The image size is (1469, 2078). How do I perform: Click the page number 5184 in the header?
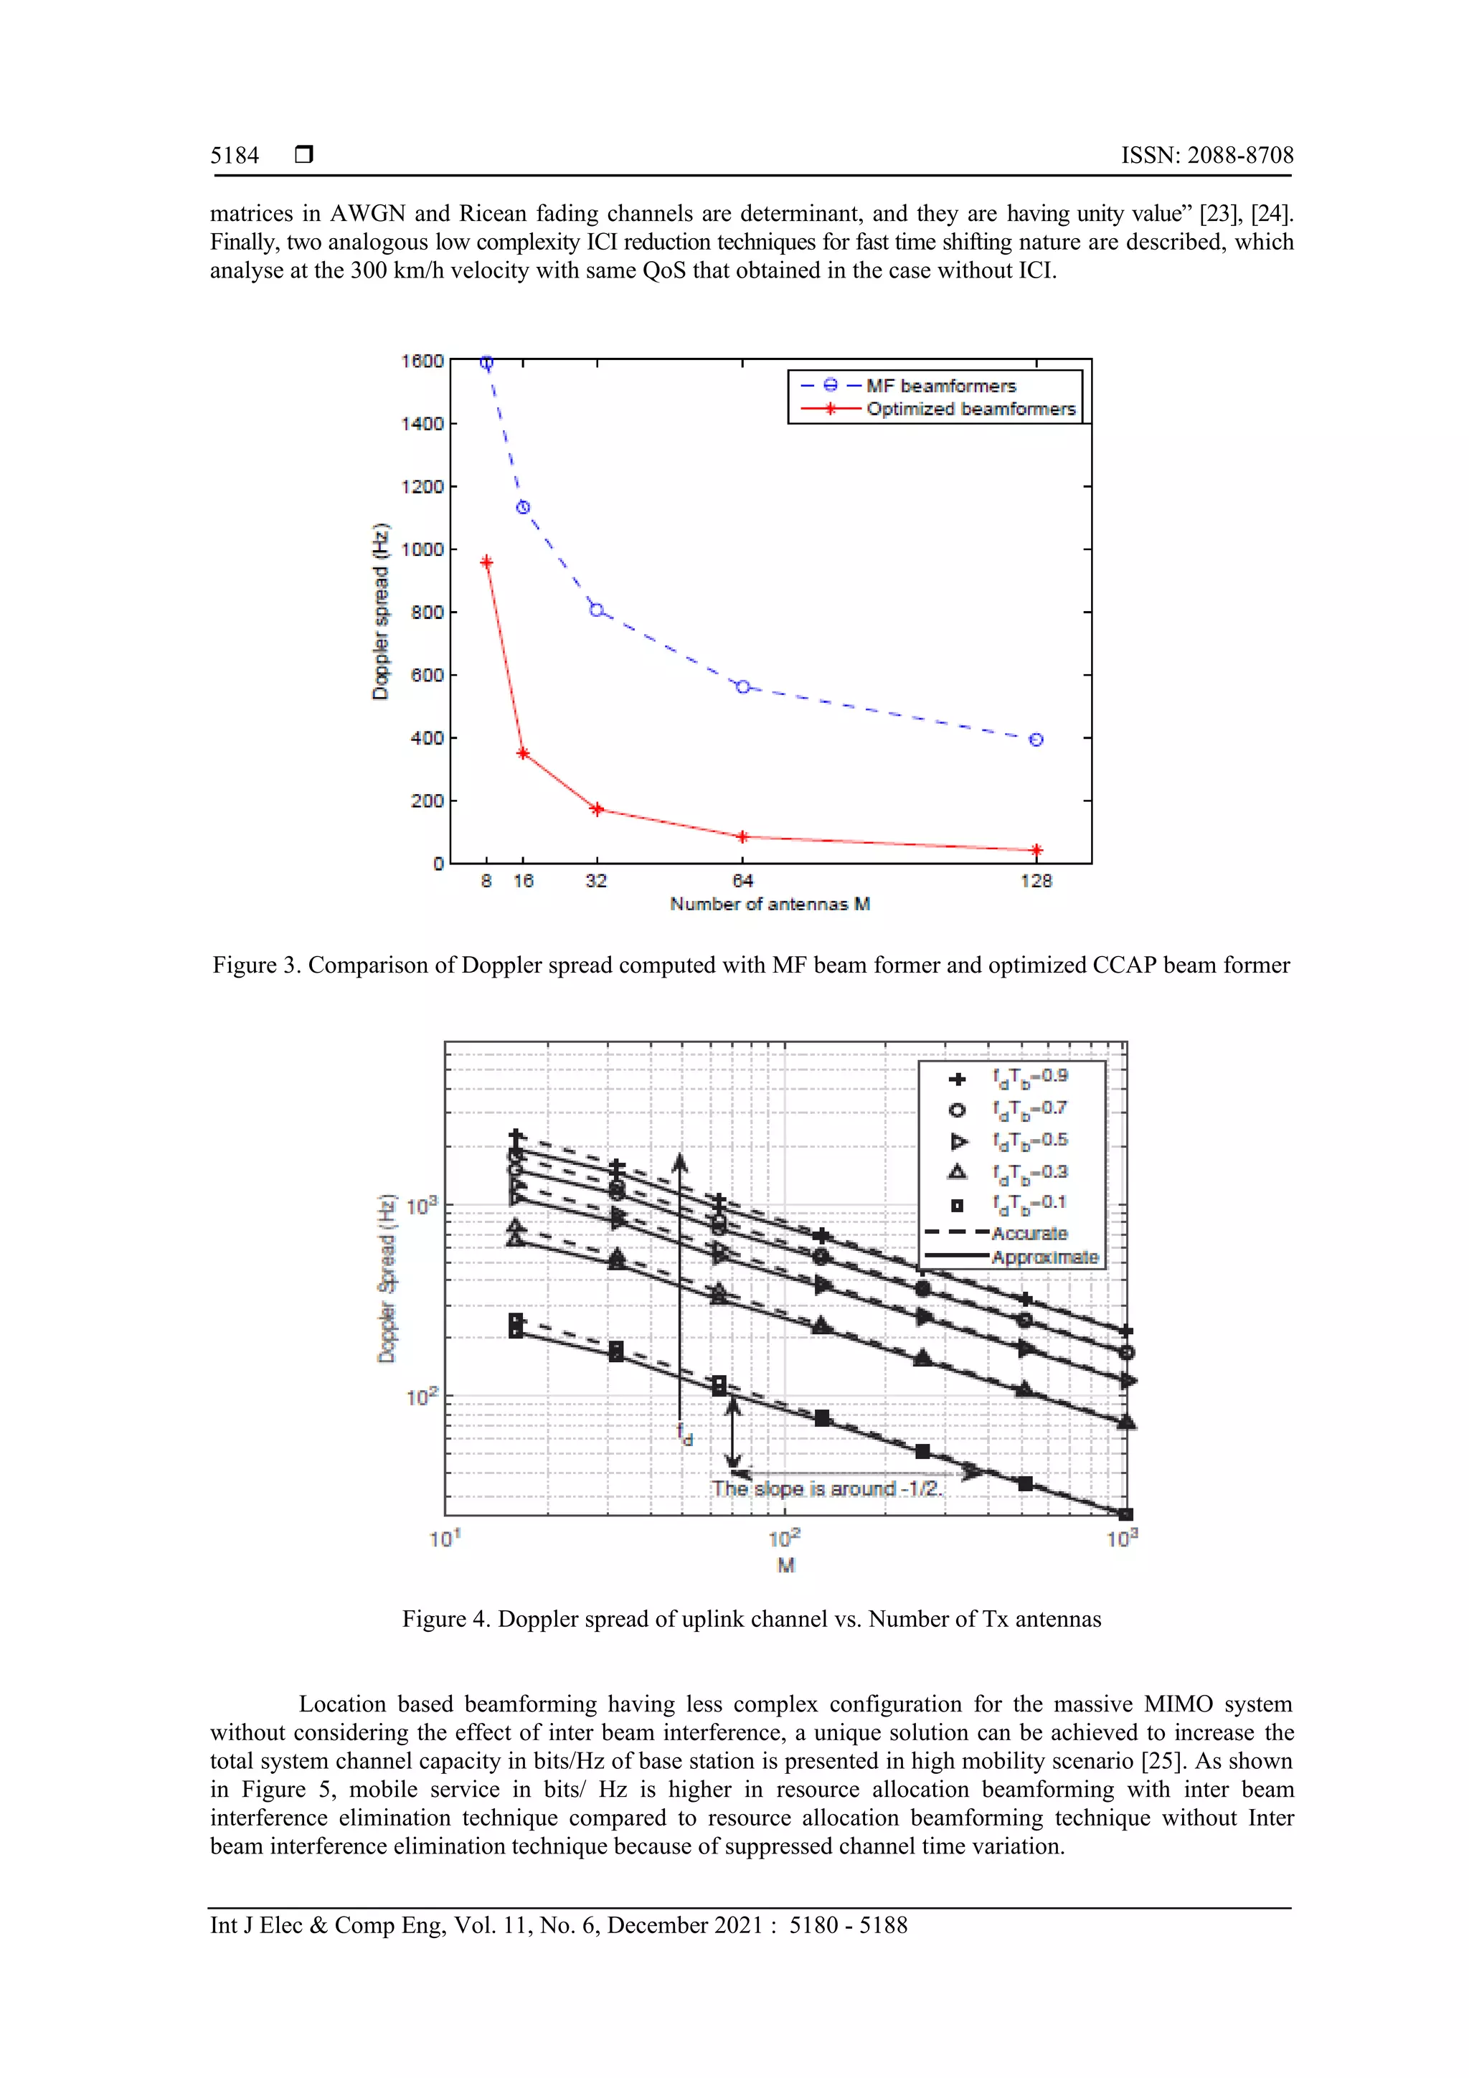[x=235, y=156]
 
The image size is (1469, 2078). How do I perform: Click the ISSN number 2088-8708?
[x=1239, y=156]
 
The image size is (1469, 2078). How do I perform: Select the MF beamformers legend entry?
[x=940, y=386]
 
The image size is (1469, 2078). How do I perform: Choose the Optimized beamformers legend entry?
[x=970, y=409]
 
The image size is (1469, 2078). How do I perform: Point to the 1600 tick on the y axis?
[x=422, y=361]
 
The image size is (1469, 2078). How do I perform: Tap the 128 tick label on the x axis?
[x=1036, y=881]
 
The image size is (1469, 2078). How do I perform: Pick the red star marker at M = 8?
[x=487, y=562]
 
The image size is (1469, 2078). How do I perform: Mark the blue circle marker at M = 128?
[x=1036, y=740]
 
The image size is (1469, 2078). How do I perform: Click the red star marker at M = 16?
[x=523, y=753]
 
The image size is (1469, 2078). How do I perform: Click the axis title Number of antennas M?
[x=770, y=904]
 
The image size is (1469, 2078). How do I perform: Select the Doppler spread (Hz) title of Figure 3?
[x=381, y=612]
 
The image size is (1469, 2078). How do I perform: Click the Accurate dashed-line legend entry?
[x=1029, y=1234]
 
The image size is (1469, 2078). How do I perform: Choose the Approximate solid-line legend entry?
[x=1044, y=1257]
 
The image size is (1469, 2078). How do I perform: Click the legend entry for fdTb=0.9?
[x=1029, y=1077]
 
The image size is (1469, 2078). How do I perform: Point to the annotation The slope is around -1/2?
[x=826, y=1489]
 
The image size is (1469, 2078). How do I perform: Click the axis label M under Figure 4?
[x=785, y=1565]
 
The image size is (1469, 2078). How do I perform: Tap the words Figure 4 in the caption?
[x=445, y=1619]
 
